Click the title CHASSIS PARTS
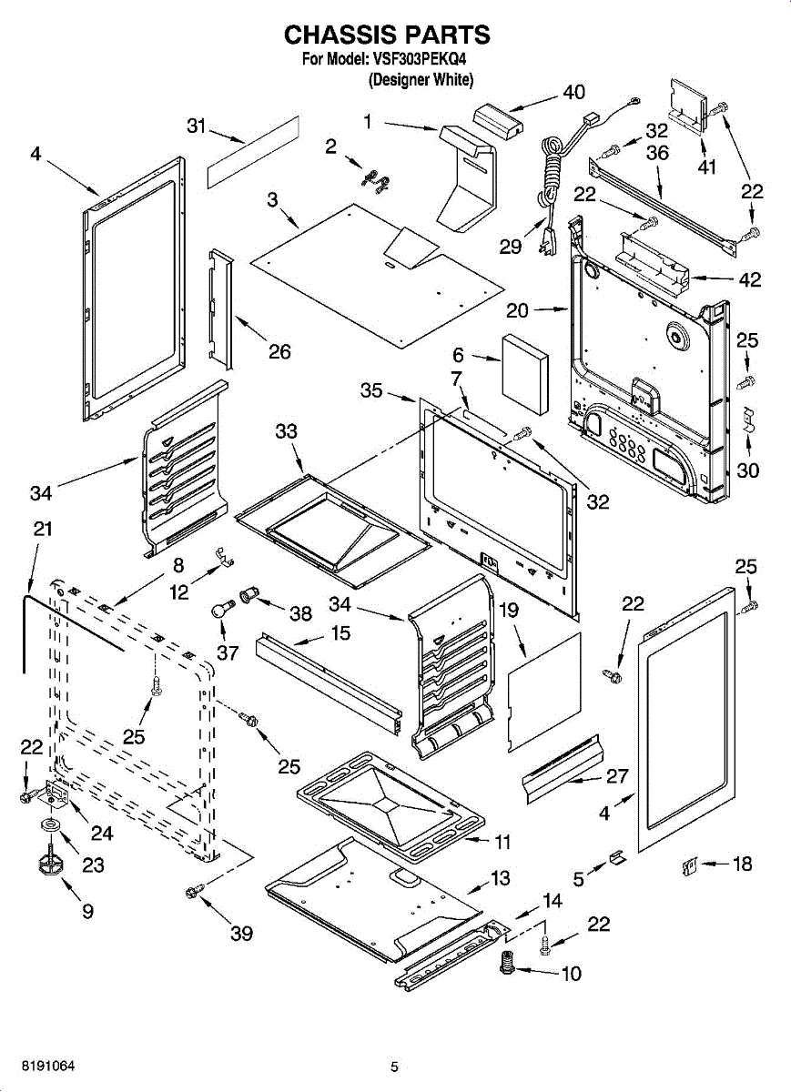coord(387,35)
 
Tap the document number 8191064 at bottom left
coord(48,1053)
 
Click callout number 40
coord(573,92)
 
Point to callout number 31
coord(197,126)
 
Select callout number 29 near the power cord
coord(510,247)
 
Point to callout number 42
coord(750,279)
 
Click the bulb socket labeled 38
coord(248,595)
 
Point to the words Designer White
coord(421,79)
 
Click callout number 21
coord(43,529)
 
